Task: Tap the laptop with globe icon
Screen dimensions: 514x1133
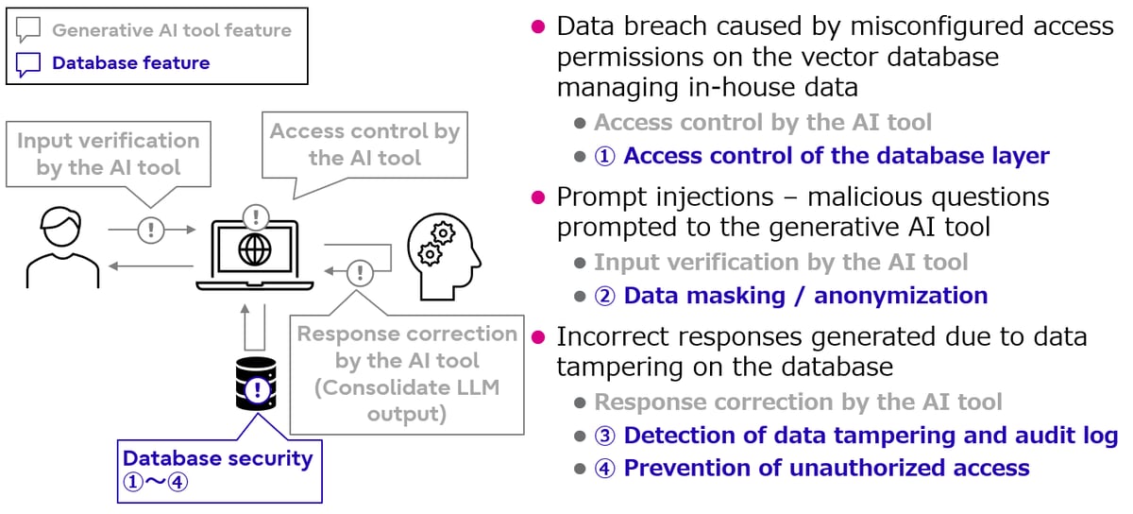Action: [256, 253]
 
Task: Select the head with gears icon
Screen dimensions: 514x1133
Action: [444, 248]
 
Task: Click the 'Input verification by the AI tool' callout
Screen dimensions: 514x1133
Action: [109, 155]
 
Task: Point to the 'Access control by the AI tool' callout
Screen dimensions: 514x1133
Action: [364, 145]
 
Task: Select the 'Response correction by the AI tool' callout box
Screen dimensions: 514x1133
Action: [407, 374]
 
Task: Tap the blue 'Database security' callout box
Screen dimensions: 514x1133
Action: [217, 469]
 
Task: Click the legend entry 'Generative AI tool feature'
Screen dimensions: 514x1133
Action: [171, 30]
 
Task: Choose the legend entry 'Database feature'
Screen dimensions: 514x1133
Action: [130, 63]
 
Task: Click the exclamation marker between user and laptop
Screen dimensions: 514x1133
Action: [151, 230]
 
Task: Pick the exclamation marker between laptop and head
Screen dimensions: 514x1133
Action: [359, 273]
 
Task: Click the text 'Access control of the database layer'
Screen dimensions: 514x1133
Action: [836, 156]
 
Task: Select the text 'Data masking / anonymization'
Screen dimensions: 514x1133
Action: [804, 296]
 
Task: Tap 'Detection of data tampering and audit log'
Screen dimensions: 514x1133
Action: [870, 436]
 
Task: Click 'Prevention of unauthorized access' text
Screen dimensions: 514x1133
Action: [825, 468]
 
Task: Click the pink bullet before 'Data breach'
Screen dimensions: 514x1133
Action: [538, 26]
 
